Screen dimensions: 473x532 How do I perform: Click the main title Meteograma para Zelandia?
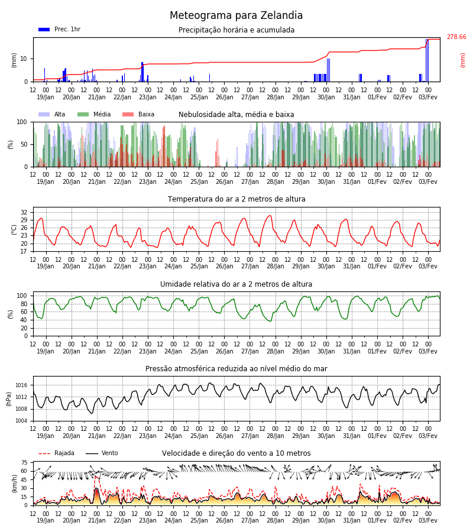point(236,15)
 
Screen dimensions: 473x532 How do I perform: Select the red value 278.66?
point(456,37)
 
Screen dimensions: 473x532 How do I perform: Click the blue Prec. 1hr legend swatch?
point(44,30)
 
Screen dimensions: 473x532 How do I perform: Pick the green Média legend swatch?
point(83,114)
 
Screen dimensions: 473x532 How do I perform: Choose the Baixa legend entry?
point(138,114)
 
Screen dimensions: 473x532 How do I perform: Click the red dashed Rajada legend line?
point(44,453)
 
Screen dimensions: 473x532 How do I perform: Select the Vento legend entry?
point(102,453)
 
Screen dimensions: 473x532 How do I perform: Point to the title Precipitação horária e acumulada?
point(237,30)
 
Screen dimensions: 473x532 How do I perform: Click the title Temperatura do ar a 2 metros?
point(237,199)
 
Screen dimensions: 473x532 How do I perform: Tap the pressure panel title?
point(237,368)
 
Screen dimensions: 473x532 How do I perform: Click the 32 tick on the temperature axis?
point(24,212)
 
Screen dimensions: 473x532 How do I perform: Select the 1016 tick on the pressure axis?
point(21,385)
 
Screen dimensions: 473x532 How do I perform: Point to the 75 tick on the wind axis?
point(24,463)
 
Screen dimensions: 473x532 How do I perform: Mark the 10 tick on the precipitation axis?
point(24,59)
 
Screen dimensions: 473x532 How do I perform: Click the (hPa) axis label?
point(9,399)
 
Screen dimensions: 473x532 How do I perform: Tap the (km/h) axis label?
point(14,484)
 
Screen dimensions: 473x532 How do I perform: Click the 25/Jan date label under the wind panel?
point(199,520)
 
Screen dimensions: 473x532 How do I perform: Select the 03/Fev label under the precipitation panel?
point(428,97)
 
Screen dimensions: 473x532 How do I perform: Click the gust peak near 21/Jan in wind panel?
point(96,477)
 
